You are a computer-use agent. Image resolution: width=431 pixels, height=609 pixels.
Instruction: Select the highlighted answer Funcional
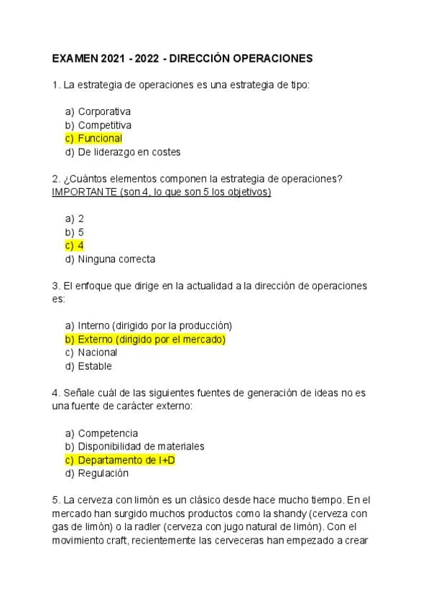(x=100, y=139)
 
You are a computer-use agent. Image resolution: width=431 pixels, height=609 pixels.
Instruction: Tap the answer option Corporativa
(x=104, y=111)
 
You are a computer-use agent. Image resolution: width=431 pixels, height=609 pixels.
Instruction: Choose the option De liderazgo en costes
(x=129, y=152)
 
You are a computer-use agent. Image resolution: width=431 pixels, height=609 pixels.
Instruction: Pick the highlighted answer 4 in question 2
(x=81, y=246)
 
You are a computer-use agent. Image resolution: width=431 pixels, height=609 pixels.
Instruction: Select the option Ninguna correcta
(x=116, y=259)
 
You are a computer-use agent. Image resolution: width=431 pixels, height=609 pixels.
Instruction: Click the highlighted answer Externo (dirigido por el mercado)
(x=152, y=339)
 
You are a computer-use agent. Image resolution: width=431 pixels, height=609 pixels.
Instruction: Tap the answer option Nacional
(x=98, y=353)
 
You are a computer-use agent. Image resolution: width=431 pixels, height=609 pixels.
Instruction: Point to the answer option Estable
(x=95, y=366)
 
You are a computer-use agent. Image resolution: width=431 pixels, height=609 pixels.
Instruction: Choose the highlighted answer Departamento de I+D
(x=126, y=460)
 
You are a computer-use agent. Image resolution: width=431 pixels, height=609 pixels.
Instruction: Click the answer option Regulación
(x=103, y=473)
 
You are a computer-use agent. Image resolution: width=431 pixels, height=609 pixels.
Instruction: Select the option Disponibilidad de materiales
(x=141, y=446)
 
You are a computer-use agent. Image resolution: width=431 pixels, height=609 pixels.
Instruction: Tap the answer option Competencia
(x=108, y=433)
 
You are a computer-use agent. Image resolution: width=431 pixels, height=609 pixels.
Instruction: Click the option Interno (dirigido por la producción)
(x=154, y=325)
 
